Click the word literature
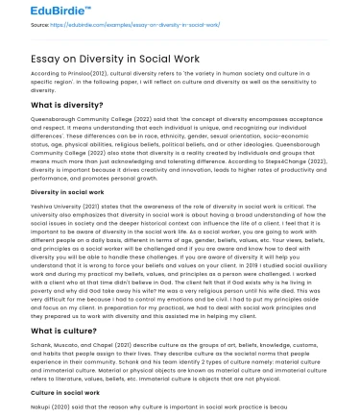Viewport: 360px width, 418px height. tap(60, 377)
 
